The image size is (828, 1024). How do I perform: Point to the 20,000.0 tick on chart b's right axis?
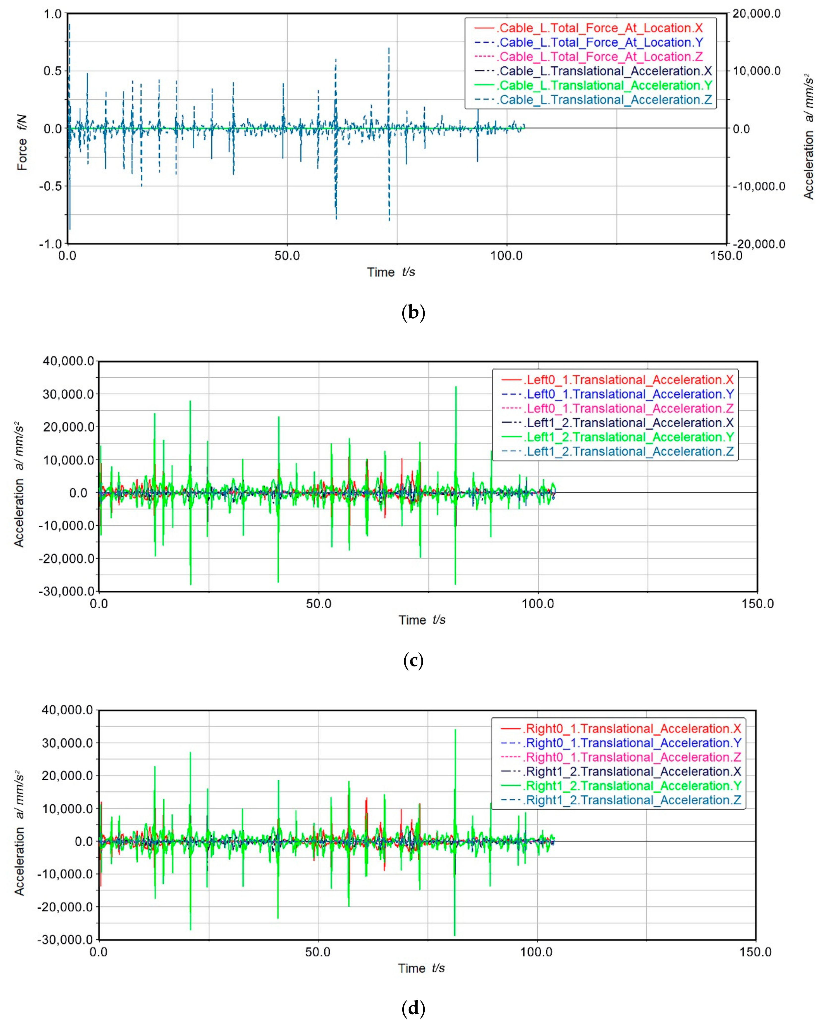pos(756,14)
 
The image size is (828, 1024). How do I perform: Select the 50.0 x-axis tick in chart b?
pos(287,256)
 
